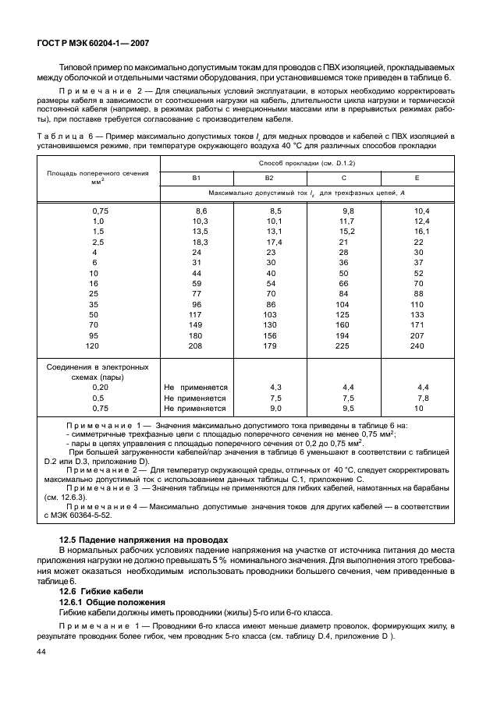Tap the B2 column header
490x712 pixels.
tap(271, 178)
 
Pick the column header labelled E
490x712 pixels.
tap(417, 178)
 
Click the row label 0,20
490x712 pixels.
tap(100, 387)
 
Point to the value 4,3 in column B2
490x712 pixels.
tap(275, 387)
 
